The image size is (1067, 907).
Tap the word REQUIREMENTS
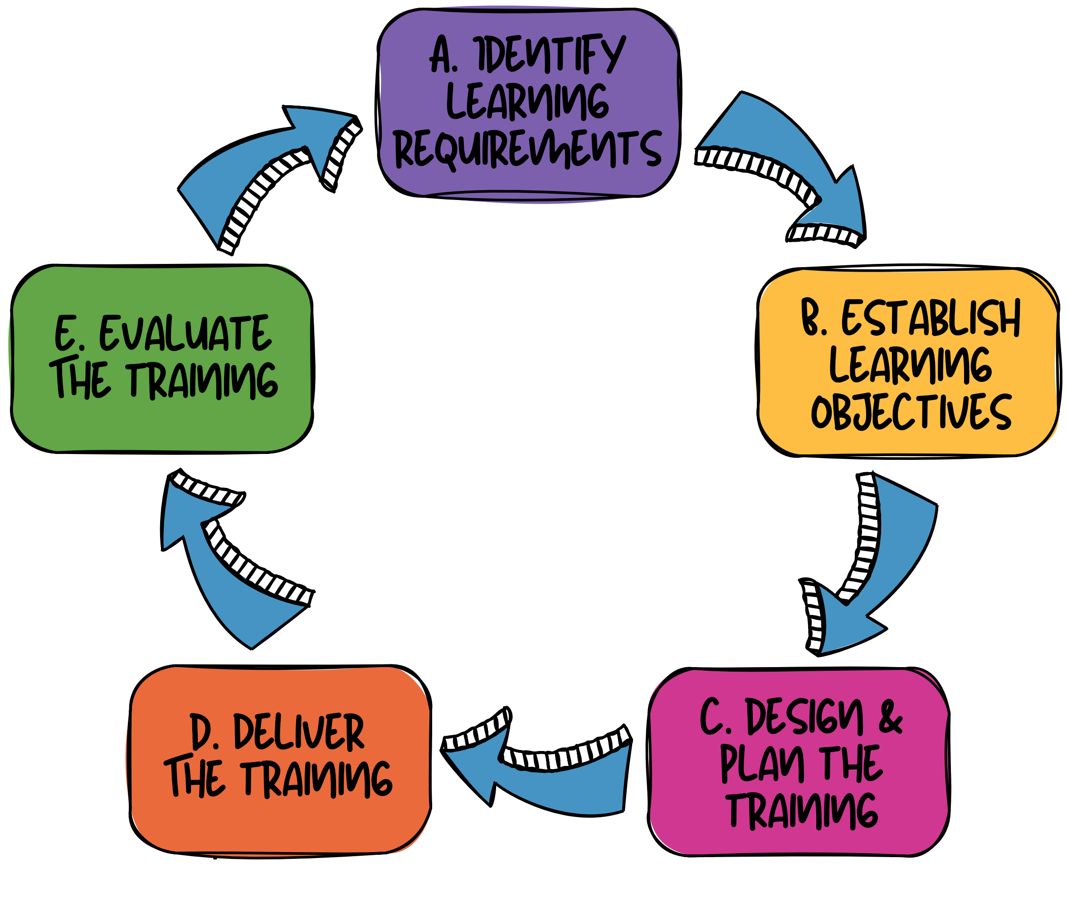pos(527,149)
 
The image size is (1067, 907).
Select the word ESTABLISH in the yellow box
pos(931,319)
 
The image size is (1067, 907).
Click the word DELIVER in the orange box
pos(299,732)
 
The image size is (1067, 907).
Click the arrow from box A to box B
pos(792,154)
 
